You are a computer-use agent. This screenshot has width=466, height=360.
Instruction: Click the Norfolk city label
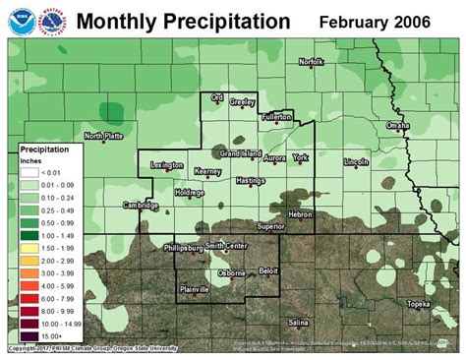pyautogui.click(x=312, y=63)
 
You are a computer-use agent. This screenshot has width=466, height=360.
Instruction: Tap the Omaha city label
pyautogui.click(x=397, y=126)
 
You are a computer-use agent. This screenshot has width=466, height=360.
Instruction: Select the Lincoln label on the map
pyautogui.click(x=356, y=160)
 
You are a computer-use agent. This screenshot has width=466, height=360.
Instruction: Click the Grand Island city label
pyautogui.click(x=240, y=154)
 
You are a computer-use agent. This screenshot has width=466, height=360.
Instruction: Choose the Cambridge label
pyautogui.click(x=141, y=205)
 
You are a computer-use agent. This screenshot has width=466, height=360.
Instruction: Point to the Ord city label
pyautogui.click(x=218, y=97)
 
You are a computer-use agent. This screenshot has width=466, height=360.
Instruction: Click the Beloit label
pyautogui.click(x=268, y=269)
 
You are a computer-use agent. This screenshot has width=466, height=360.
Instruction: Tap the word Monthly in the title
pyautogui.click(x=116, y=21)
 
